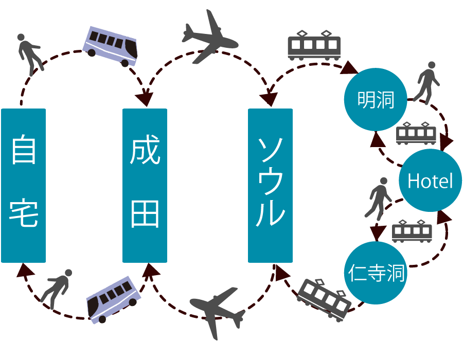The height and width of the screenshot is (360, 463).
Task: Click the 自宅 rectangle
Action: coord(23,186)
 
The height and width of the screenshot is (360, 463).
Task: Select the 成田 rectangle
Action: coord(145,186)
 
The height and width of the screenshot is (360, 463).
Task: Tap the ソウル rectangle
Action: coord(270,186)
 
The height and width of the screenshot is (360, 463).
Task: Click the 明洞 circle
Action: coord(376,100)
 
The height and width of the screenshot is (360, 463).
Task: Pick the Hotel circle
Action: coord(430,181)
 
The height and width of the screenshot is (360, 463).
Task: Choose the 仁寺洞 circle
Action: coord(376,273)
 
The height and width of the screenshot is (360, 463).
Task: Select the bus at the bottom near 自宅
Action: coord(113,300)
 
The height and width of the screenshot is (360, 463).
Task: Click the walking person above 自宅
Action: coord(29,53)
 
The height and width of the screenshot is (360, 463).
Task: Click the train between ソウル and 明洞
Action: coord(314,45)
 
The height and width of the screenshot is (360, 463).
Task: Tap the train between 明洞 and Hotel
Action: coord(416,133)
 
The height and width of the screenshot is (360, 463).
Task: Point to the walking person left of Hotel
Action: coord(379,197)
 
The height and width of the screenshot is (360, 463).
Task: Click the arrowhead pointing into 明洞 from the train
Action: coord(351,67)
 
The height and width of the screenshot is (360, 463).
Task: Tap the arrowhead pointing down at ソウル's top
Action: coord(269,99)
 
